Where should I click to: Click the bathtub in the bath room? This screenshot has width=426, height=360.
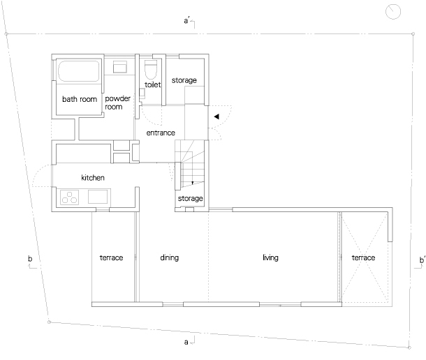coord(78,71)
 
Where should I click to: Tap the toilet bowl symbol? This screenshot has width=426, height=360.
coord(151,69)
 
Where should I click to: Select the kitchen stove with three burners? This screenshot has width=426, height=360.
coord(70,197)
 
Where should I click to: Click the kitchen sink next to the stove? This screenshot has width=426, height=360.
coord(98,197)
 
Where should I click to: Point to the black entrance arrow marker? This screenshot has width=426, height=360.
coord(216,117)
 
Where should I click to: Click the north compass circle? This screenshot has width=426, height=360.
coord(393,12)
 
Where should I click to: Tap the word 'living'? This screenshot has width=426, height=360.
coord(270,257)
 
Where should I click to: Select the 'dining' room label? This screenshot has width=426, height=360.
coord(170,257)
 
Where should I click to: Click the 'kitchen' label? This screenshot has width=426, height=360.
coord(93,177)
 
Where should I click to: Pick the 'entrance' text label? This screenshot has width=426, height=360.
coord(161,133)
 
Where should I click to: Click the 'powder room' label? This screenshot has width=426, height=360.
coord(117,103)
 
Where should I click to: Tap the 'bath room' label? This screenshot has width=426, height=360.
coord(80,99)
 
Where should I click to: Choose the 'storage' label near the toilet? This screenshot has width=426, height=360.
coord(184,80)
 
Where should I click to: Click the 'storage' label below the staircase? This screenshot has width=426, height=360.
coord(191,198)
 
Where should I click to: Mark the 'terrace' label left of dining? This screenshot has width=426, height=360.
coord(112,257)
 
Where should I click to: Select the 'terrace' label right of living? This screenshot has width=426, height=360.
coord(364,257)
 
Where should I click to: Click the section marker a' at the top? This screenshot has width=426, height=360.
coord(189,22)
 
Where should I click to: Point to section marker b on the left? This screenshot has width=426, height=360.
coord(31,262)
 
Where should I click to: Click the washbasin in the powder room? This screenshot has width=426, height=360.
coord(120,67)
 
